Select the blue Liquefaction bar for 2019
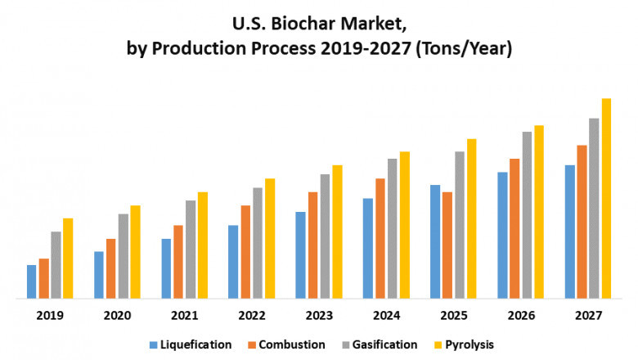coord(32,281)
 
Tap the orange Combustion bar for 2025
coord(447,245)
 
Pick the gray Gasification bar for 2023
coord(325,236)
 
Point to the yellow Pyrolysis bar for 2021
coord(202,245)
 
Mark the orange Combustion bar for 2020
coord(111,268)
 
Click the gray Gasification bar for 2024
coord(393,228)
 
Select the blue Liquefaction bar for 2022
coord(233,262)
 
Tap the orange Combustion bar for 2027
coord(582,222)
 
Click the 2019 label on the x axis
coord(49,316)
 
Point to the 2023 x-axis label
coord(319,316)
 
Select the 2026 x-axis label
coord(521,316)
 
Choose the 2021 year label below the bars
coord(184,316)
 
